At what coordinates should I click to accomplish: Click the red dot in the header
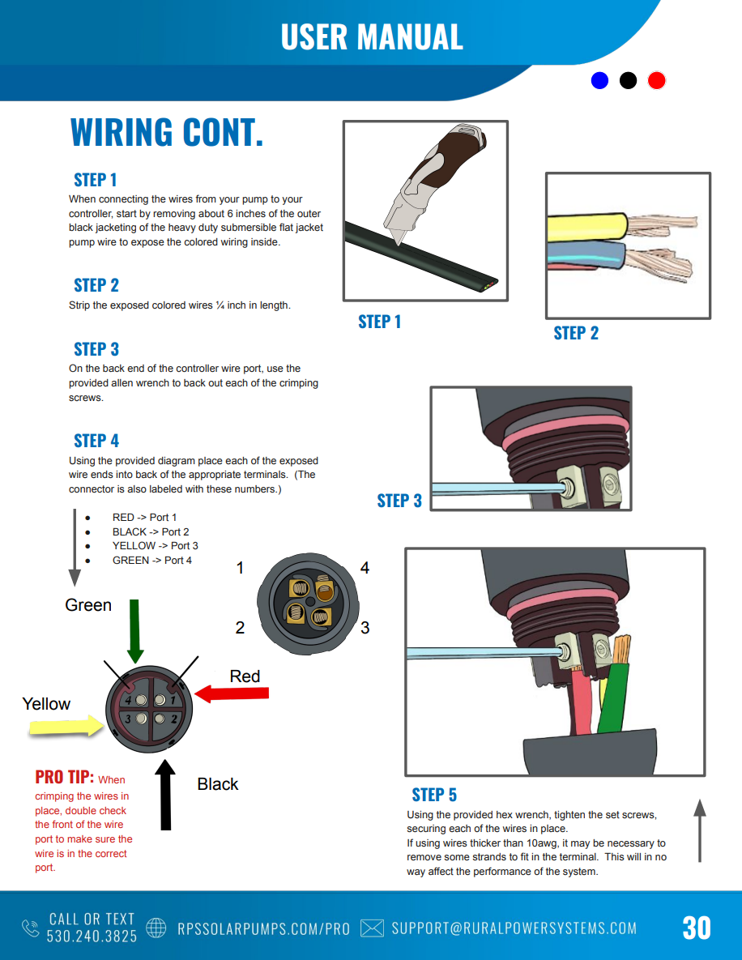tap(656, 80)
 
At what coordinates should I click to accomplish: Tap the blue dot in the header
tap(599, 80)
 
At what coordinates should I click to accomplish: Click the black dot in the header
tap(628, 80)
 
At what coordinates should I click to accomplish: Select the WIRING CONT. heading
tap(167, 133)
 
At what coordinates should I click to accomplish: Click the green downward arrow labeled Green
tap(135, 632)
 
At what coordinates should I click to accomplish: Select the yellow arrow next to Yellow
tap(65, 727)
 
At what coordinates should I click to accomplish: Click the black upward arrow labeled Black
tap(165, 794)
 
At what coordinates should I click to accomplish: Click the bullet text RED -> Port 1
tap(144, 518)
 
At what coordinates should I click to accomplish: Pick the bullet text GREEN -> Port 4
tap(151, 561)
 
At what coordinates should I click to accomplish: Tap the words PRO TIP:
tap(64, 778)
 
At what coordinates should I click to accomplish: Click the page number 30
tap(696, 928)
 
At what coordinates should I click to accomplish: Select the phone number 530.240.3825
tap(92, 936)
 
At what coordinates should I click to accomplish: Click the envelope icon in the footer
tap(372, 928)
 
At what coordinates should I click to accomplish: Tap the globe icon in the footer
tap(156, 928)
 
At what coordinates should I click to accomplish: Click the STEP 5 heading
tap(434, 795)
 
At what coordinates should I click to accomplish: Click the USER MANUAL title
tap(372, 37)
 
